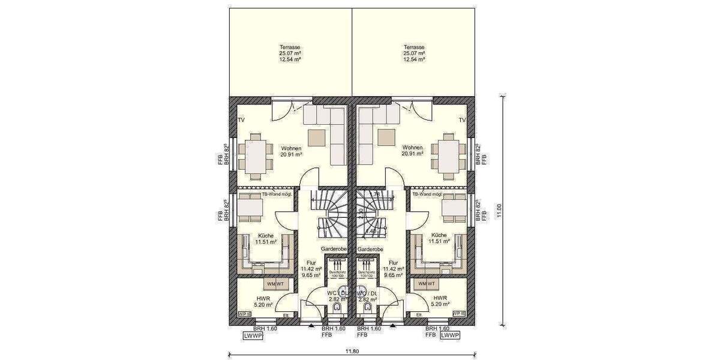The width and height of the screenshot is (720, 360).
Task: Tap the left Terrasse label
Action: click(x=290, y=47)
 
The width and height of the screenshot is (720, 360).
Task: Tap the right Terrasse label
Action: click(x=414, y=47)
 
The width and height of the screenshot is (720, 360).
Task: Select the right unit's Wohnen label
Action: click(x=412, y=147)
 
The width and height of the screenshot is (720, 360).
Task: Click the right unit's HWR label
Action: click(x=440, y=298)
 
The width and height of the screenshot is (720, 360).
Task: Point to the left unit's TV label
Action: click(x=241, y=121)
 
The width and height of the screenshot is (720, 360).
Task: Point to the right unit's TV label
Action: click(x=462, y=121)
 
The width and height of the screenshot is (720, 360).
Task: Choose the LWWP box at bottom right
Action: click(x=450, y=336)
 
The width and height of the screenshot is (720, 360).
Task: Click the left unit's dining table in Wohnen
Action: click(x=256, y=154)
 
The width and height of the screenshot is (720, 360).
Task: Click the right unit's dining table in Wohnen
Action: click(x=448, y=154)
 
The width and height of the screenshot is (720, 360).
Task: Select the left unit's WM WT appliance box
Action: click(x=275, y=283)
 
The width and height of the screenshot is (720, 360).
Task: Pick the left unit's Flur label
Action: click(x=311, y=263)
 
